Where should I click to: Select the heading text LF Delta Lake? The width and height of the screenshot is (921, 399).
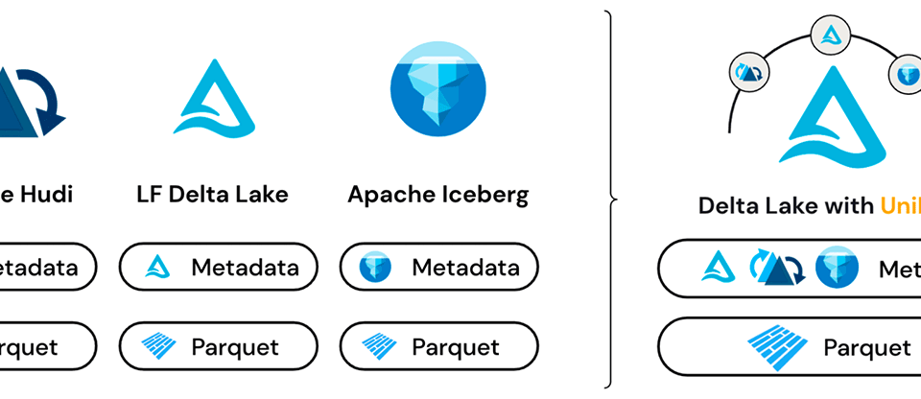point(212,195)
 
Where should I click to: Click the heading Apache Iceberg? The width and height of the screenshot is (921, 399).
point(437,195)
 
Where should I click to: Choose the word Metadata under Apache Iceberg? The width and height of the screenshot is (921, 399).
point(465,267)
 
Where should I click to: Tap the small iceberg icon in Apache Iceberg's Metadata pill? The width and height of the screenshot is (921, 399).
point(376,267)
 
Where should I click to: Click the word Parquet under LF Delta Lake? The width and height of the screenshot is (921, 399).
point(235,346)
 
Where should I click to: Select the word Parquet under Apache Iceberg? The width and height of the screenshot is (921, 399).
point(457,346)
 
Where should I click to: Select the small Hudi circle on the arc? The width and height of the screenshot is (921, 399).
point(748,72)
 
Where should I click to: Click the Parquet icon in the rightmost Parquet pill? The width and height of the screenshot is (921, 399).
point(777,344)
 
